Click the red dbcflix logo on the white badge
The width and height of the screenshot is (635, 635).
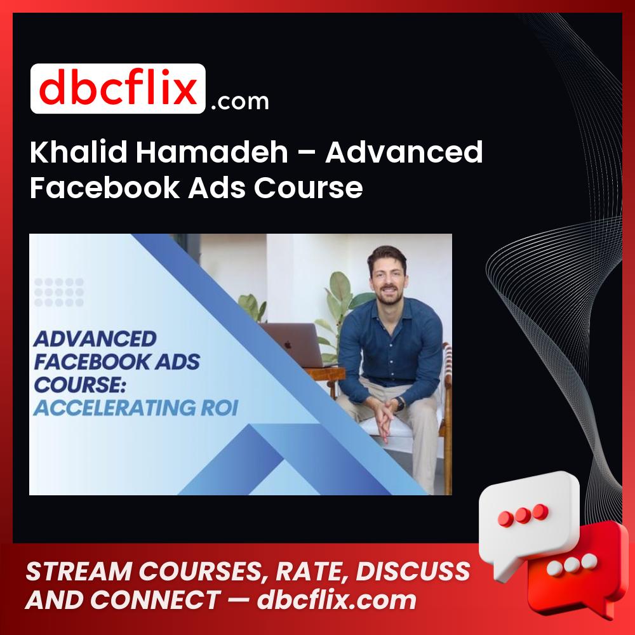(x=118, y=88)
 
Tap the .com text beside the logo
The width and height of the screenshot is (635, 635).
(x=240, y=101)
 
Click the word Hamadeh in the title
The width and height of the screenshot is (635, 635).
(x=211, y=152)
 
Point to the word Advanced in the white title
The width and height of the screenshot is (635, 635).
(x=404, y=152)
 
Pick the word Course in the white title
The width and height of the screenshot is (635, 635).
(x=308, y=187)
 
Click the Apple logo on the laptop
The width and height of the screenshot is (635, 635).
(x=288, y=345)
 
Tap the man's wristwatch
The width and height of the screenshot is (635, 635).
(x=400, y=404)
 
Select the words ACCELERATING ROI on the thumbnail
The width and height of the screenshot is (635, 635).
(x=136, y=408)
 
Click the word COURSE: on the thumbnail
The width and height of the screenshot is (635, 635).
(x=79, y=385)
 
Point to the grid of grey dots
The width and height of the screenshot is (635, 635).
(x=59, y=292)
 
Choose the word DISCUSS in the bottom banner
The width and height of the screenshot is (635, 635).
(x=412, y=571)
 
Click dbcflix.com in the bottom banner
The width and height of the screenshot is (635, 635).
(x=336, y=600)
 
